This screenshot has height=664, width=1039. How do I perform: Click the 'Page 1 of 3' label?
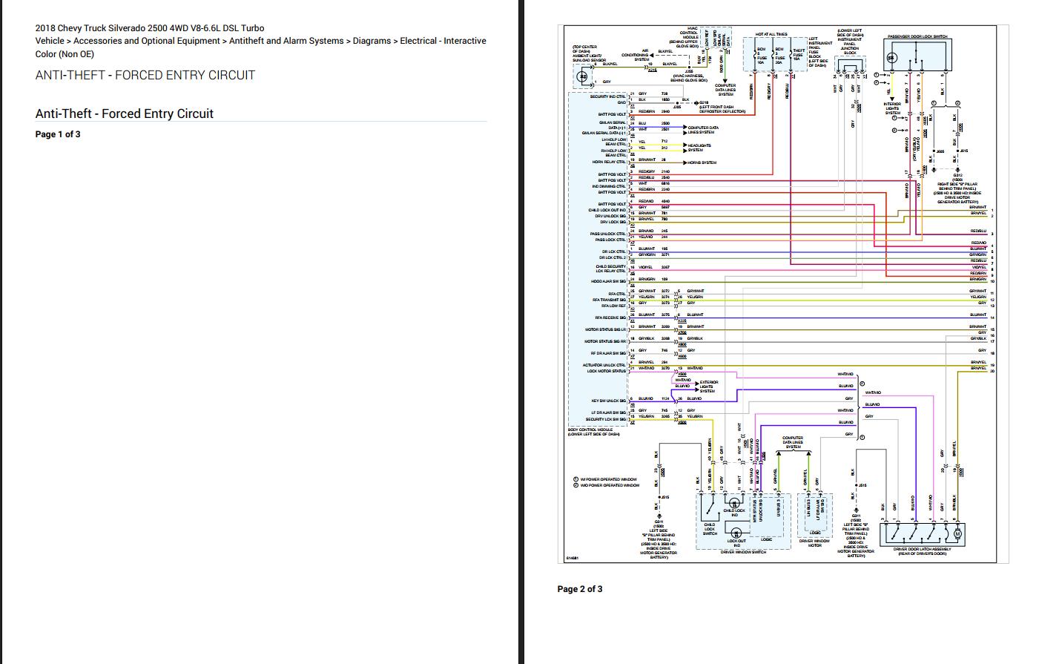58,134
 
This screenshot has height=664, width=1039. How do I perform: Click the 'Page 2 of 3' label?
580,589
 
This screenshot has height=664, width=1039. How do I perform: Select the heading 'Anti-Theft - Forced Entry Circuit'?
124,114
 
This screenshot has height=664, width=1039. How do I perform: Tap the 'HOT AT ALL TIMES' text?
771,34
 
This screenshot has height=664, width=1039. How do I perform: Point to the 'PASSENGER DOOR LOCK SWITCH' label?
917,36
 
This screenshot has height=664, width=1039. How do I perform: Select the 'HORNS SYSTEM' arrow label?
702,162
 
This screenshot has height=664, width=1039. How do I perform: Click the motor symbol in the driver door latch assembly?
957,533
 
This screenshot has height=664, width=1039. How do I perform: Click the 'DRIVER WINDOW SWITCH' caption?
743,553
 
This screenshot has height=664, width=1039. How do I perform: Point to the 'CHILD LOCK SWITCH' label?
710,529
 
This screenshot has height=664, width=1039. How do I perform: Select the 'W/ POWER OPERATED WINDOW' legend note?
608,479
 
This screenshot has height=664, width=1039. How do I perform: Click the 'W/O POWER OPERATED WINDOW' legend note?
609,485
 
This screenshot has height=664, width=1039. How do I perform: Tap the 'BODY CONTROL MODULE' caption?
590,430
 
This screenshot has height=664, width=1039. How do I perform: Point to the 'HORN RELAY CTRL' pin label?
609,162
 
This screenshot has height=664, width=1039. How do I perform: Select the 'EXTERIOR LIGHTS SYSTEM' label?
708,386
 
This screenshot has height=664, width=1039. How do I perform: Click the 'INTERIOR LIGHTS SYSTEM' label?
892,108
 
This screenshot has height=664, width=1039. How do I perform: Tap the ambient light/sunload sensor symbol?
583,76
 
